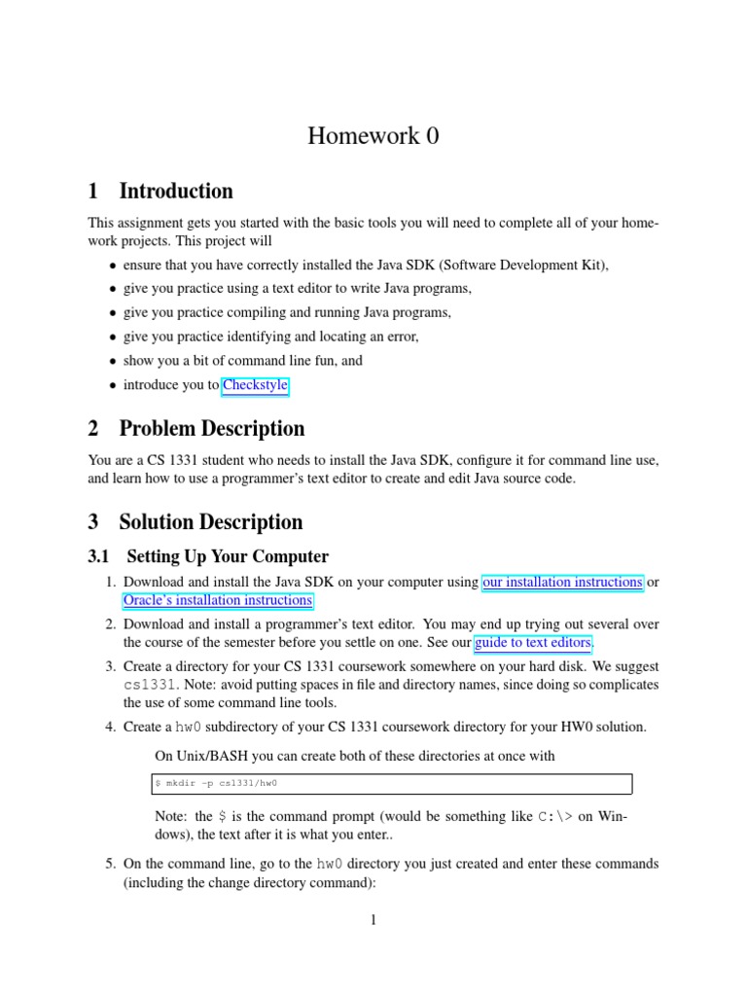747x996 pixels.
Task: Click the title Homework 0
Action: [x=373, y=136]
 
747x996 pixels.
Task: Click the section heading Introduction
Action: [x=175, y=191]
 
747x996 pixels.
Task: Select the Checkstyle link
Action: [x=255, y=385]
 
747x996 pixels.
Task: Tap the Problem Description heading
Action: [x=211, y=428]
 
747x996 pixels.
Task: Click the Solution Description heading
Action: [x=210, y=521]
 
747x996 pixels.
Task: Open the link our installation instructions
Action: [x=562, y=583]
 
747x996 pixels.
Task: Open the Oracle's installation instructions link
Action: [x=218, y=601]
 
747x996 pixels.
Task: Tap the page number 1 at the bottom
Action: [x=373, y=920]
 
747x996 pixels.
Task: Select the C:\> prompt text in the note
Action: [x=554, y=816]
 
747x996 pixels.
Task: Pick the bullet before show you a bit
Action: [x=113, y=362]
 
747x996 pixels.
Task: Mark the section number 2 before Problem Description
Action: [x=93, y=428]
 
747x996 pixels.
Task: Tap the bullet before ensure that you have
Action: [x=113, y=266]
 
